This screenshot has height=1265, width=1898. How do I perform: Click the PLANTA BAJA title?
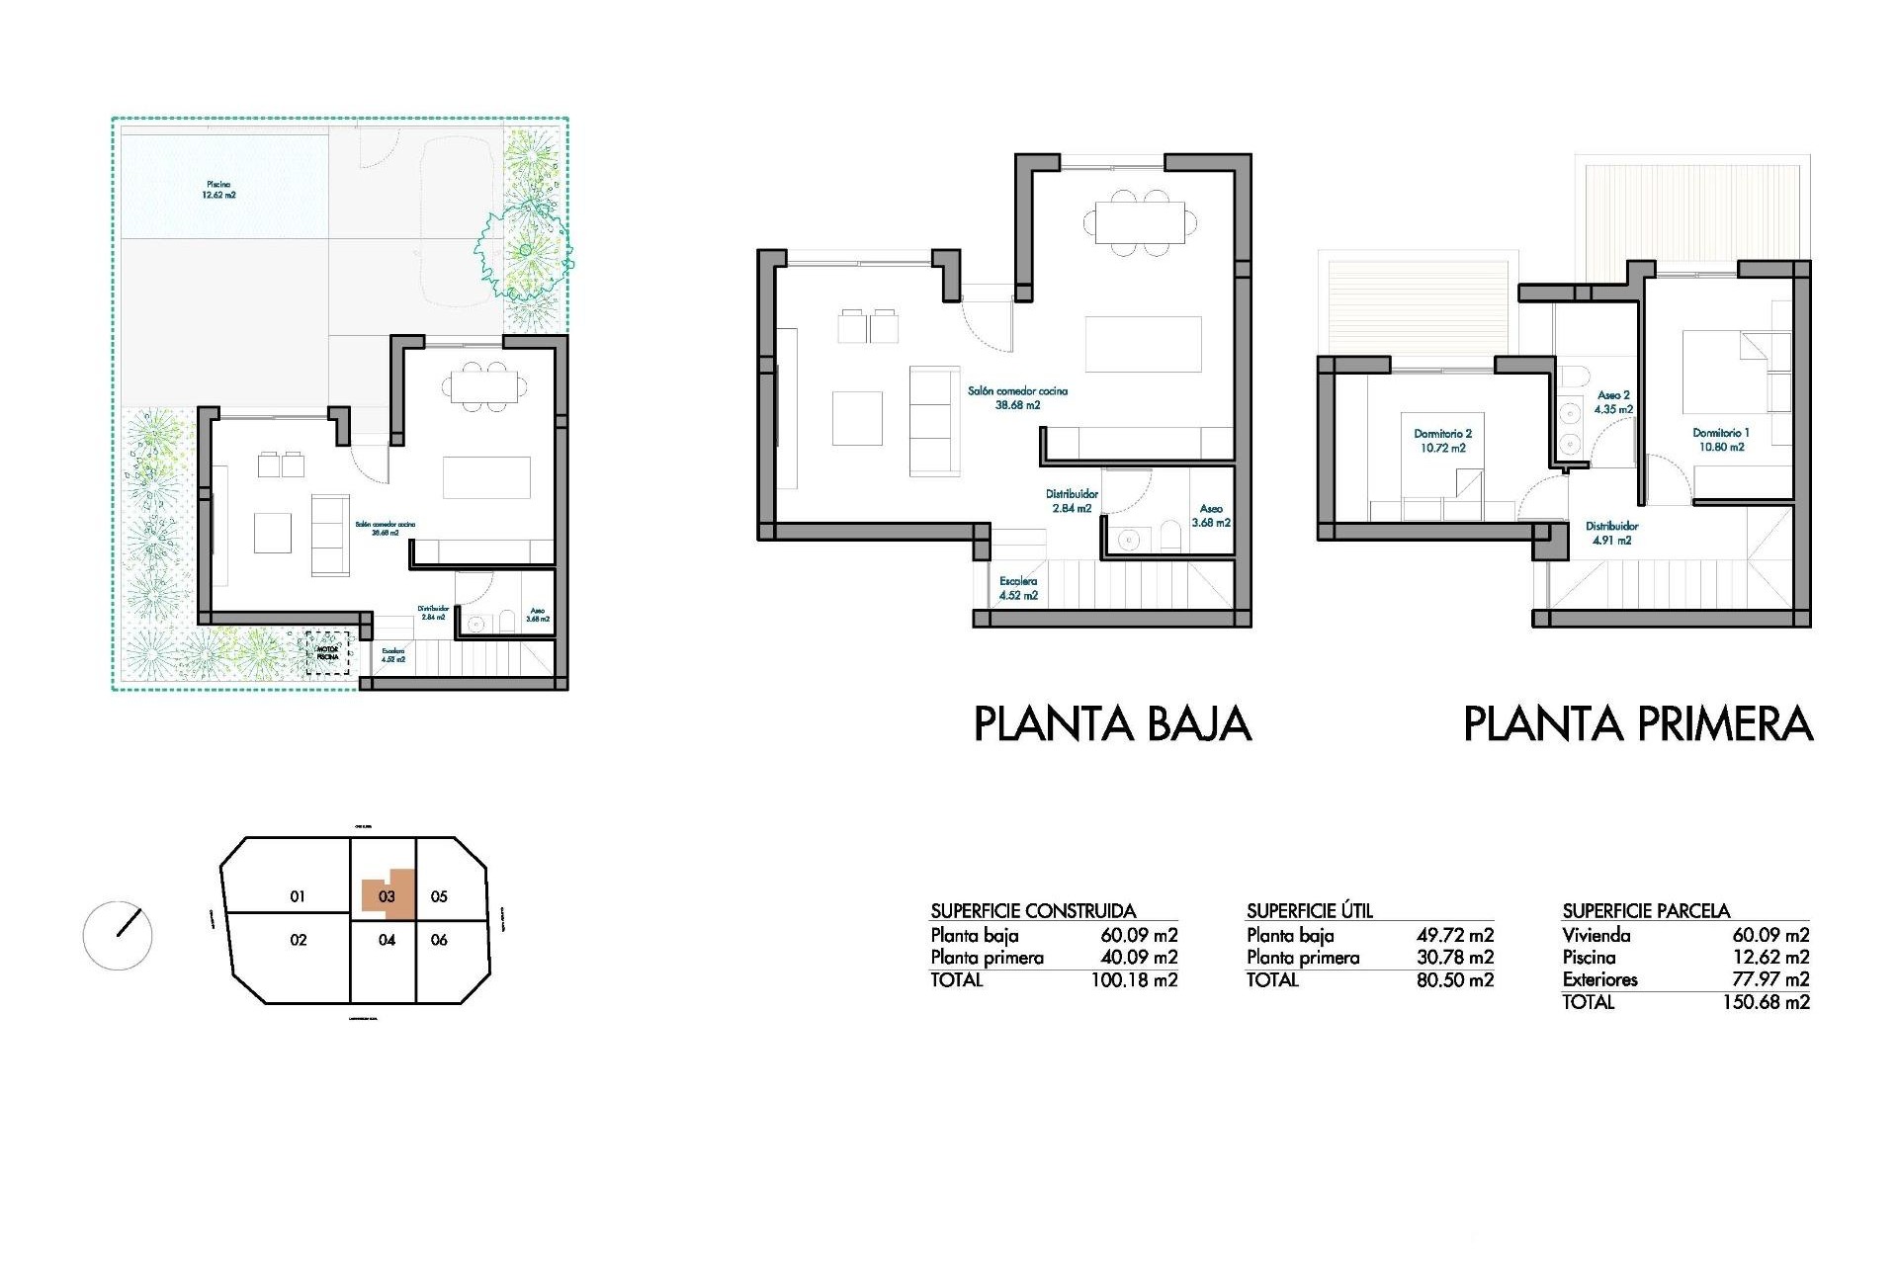1112,724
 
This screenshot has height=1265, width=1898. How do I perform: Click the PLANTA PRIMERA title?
1637,724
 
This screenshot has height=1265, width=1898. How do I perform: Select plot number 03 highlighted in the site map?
387,896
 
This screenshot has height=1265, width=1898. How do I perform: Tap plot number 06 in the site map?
440,940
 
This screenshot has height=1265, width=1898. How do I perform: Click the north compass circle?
118,935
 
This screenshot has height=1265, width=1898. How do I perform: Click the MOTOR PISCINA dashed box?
327,653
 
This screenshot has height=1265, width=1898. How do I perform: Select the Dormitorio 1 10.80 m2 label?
1720,440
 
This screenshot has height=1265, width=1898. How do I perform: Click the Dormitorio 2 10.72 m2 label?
1442,441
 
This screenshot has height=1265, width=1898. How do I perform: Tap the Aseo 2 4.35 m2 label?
1613,401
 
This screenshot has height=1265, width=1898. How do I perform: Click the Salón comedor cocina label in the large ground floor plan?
1017,397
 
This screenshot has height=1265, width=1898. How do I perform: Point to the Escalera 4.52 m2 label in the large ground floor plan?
1017,589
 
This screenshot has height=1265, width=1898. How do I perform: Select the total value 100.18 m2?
1134,980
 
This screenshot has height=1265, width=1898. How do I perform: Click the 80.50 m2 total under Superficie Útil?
1454,980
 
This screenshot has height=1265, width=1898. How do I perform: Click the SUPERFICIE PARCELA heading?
1646,911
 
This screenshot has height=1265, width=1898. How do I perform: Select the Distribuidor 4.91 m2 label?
1611,534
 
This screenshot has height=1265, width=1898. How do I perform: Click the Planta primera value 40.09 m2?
1139,958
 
